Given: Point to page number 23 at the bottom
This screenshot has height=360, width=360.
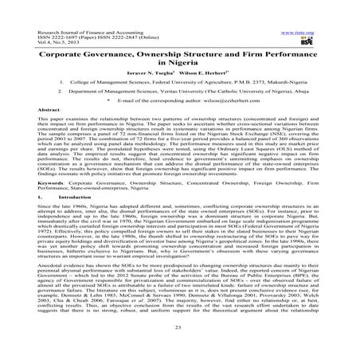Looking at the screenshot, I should pyautogui.click(x=180, y=347).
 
